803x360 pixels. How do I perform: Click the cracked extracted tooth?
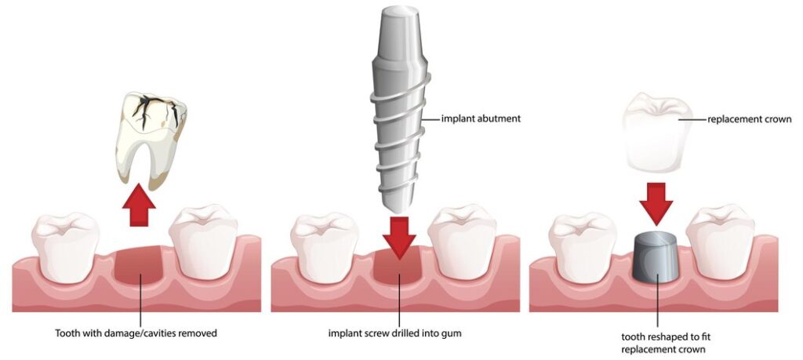[x=149, y=138]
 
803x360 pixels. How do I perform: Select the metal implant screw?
[x=401, y=108]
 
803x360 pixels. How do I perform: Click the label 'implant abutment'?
[x=481, y=118]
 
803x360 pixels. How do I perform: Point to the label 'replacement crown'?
[x=749, y=119]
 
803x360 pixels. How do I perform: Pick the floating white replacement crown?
[x=658, y=133]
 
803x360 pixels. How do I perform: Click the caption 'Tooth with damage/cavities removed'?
[x=136, y=333]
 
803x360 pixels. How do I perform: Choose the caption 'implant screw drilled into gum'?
[x=395, y=333]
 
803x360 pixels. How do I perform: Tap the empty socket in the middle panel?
[x=398, y=267]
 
